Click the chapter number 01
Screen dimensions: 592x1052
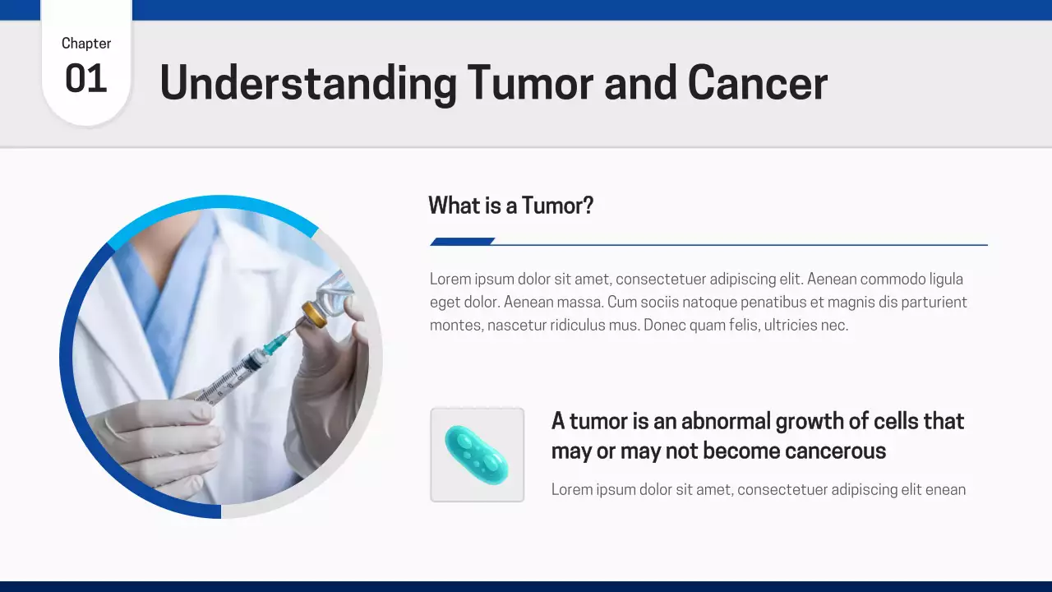[86, 79]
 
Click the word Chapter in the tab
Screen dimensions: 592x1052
[86, 44]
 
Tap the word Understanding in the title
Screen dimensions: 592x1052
[307, 84]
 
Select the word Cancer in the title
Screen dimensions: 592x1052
[757, 83]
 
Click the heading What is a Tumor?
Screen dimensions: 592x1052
[510, 206]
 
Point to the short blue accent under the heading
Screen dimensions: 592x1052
[462, 242]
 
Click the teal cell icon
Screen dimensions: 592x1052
[477, 455]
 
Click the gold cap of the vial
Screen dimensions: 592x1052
[314, 314]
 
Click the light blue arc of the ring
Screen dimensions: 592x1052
[214, 202]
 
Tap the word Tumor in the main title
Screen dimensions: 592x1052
[530, 83]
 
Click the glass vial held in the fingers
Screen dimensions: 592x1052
[337, 292]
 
